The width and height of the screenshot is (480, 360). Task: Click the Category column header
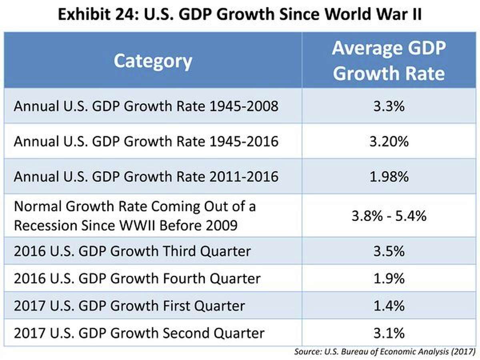point(153,61)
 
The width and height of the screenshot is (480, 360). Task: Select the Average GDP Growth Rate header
point(388,61)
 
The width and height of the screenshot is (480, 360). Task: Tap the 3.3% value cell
point(388,106)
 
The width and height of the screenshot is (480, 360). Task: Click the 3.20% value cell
point(388,141)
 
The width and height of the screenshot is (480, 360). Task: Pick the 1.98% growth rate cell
point(388,176)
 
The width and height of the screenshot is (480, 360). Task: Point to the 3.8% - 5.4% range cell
point(388,216)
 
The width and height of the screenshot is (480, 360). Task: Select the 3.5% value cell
point(388,251)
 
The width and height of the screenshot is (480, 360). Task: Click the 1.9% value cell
point(388,278)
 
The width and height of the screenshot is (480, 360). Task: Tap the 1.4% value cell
point(388,306)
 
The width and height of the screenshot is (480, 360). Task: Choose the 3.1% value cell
point(388,333)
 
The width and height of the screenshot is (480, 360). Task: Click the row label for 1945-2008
point(146,107)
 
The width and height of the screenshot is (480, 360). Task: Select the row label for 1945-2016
point(146,142)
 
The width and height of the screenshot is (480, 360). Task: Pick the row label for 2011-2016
point(146,176)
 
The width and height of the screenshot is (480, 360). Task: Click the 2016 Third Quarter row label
point(132,251)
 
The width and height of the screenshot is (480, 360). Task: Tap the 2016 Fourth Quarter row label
point(137,278)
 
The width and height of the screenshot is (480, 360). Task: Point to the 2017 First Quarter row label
point(129,306)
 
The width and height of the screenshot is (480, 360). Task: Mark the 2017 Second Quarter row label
point(139,333)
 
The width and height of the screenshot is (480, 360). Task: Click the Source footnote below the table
point(384,352)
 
